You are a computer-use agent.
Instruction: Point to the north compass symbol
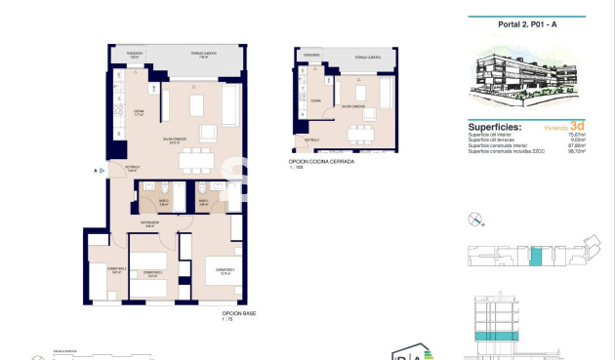pos(475,218)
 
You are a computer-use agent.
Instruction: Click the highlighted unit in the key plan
pos(535,257)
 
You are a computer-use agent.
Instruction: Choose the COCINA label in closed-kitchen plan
pos(315,100)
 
